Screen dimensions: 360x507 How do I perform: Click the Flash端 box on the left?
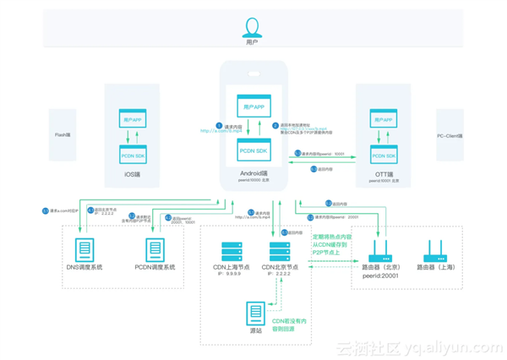(x=63, y=134)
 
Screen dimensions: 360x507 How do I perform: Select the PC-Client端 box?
(x=449, y=135)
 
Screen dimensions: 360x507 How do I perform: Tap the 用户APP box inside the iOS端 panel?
(x=134, y=121)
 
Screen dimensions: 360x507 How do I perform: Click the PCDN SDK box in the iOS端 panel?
(x=134, y=156)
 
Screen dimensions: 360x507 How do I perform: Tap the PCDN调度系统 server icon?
(x=155, y=250)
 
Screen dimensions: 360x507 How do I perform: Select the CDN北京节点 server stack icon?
(x=281, y=251)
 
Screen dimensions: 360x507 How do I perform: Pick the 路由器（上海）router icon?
(x=436, y=250)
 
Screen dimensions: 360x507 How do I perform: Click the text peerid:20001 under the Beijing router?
(x=379, y=275)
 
